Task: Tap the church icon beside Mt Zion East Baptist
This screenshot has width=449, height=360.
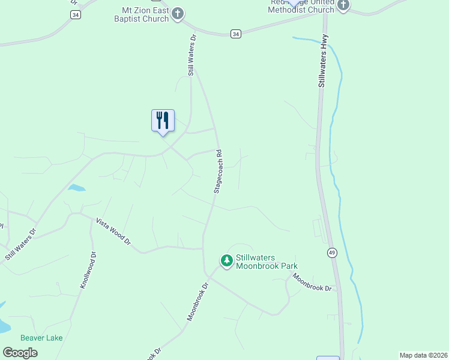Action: (x=177, y=13)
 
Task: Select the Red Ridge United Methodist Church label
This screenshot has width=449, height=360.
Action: (x=301, y=6)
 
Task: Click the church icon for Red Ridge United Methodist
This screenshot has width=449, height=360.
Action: (x=343, y=5)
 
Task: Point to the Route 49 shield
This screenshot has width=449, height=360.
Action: (x=331, y=253)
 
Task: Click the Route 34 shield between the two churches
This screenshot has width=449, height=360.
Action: (x=236, y=34)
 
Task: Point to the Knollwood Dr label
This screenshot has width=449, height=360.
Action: (x=88, y=271)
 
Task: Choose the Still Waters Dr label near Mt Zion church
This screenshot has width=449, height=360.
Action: (x=192, y=55)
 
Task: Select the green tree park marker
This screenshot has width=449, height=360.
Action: (x=226, y=260)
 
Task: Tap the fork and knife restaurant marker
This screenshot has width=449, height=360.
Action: (x=163, y=121)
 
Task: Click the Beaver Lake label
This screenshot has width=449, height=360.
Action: (x=41, y=338)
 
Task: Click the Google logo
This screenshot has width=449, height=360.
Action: (x=20, y=353)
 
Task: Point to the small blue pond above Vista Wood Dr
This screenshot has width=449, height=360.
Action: (x=76, y=188)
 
